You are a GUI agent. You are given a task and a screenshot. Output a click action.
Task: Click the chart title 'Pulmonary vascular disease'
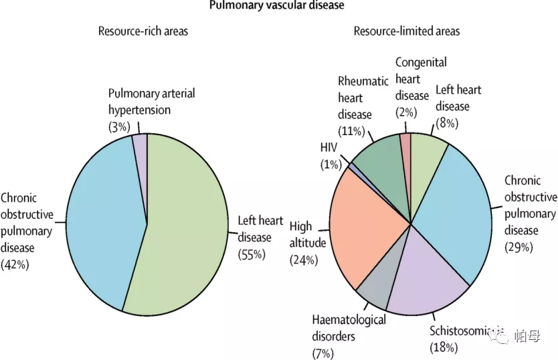click(276, 5)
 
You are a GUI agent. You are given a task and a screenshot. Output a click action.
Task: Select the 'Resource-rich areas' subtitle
click(143, 31)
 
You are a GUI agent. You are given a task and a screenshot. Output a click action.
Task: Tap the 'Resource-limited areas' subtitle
click(407, 31)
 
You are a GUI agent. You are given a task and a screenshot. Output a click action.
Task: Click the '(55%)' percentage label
click(252, 254)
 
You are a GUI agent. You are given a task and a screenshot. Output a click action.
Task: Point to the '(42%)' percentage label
click(15, 264)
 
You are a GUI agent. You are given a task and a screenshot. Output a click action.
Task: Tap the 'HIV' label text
click(329, 147)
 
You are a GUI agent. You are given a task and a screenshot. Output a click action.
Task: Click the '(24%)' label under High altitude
click(304, 260)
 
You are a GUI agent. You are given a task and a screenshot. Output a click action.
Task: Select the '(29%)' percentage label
click(519, 247)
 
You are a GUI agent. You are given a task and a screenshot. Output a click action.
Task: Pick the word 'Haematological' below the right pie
click(349, 320)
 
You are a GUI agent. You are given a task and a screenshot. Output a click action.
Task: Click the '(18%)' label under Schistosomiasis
click(444, 347)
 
